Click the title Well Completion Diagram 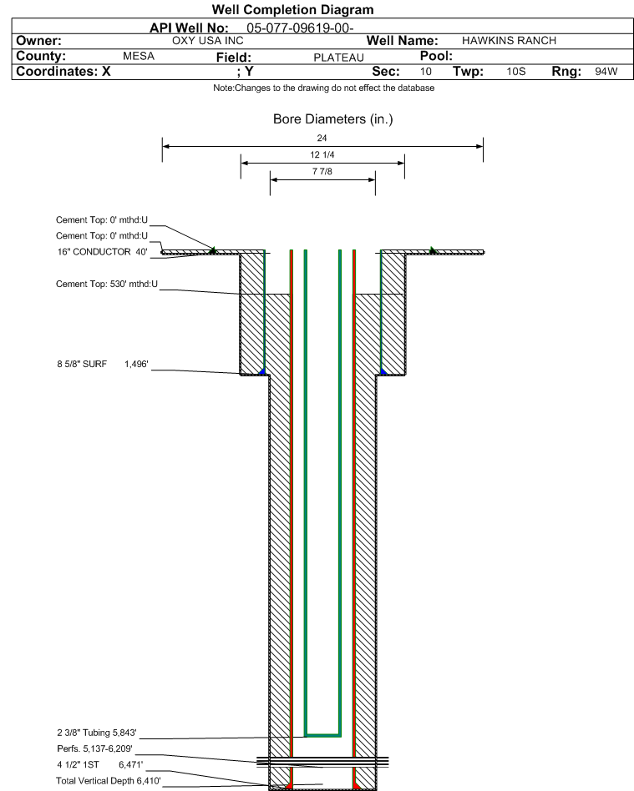292,9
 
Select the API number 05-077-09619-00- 300,28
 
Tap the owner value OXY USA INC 208,41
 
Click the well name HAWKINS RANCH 509,41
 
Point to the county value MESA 139,56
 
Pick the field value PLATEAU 338,58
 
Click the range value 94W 606,71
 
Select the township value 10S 515,71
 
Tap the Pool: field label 436,56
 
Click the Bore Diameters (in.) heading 333,119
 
